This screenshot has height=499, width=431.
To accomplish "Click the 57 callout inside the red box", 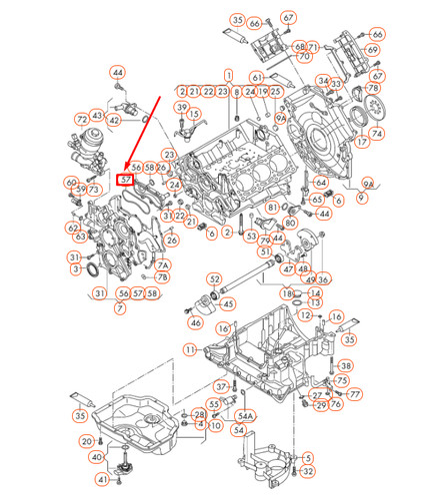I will tap(124, 180).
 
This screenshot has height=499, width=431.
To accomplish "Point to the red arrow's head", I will tap(126, 169).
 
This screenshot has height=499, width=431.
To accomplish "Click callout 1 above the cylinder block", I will tap(228, 75).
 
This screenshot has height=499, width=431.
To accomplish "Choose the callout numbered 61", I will tap(257, 77).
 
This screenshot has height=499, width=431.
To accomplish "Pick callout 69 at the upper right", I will tap(375, 48).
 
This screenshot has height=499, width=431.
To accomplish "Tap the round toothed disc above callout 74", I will tap(374, 109).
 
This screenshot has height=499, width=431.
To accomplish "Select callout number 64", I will tap(320, 183).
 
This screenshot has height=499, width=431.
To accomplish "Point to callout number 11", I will tap(189, 349).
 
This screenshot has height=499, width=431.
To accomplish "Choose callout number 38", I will tap(346, 366).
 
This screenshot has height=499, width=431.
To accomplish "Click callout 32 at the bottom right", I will tap(308, 471).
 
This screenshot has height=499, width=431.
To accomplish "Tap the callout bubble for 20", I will tap(87, 440).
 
